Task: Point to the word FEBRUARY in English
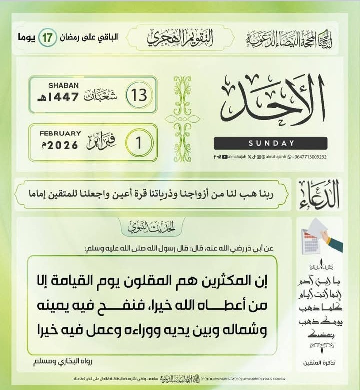pos(60,133)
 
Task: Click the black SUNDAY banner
pos(270,143)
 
